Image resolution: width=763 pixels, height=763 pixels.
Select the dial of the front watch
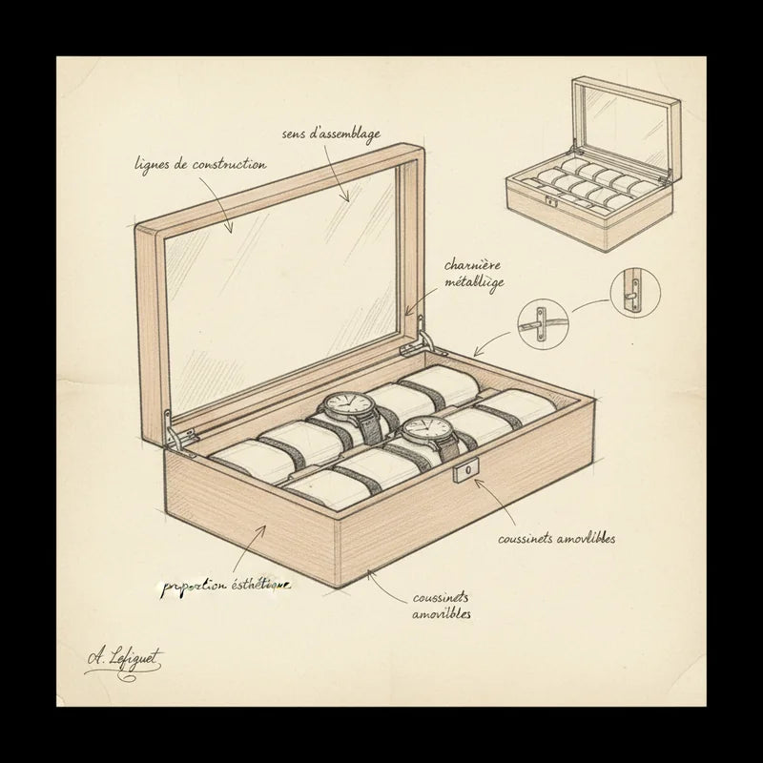tap(420, 431)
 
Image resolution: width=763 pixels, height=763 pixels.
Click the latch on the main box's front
tap(468, 473)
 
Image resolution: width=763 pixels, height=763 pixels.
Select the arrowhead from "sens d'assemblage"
tap(349, 197)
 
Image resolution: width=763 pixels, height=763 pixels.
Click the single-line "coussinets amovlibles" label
tap(556, 540)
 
